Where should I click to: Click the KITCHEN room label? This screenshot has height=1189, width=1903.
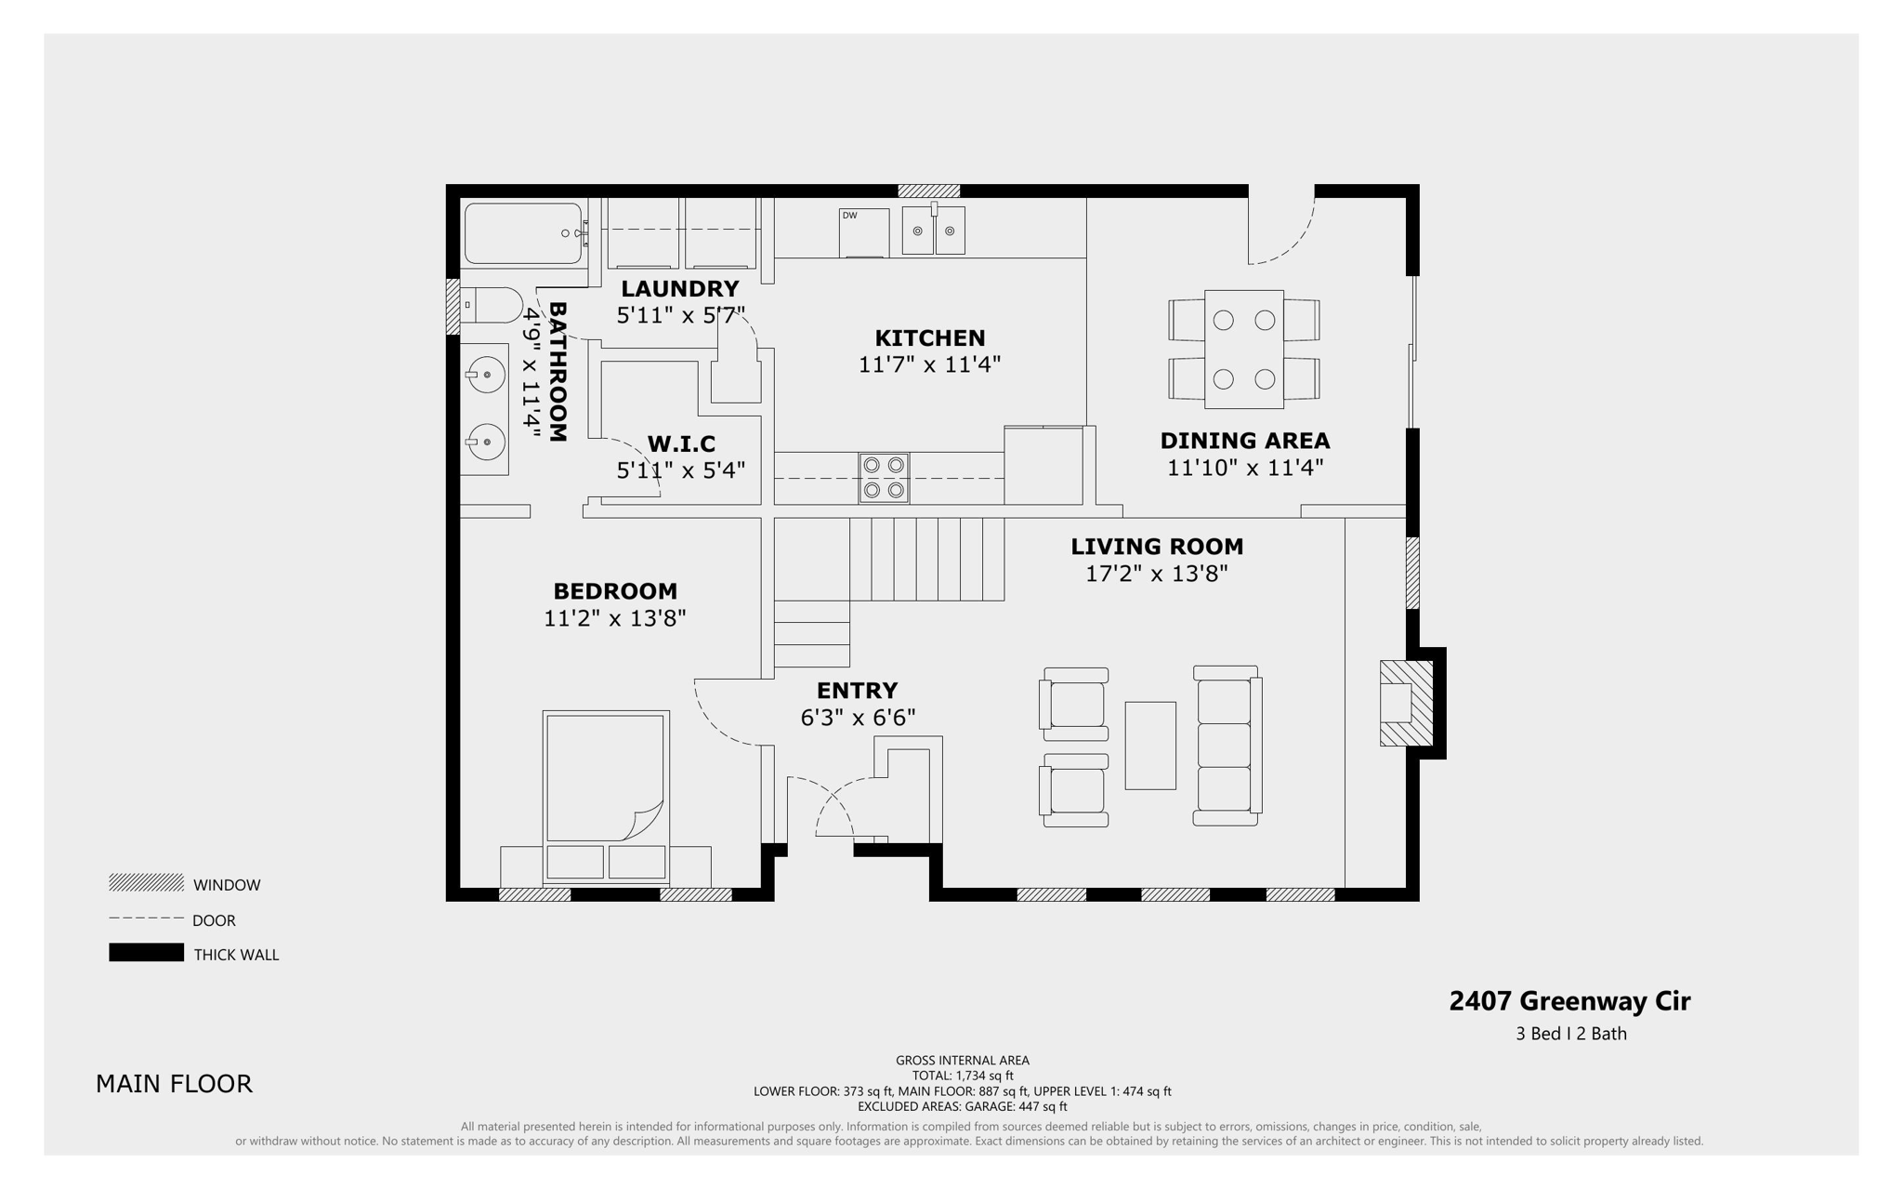(929, 338)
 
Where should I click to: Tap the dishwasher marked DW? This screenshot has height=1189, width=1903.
(862, 232)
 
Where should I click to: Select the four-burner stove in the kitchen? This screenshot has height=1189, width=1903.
(883, 479)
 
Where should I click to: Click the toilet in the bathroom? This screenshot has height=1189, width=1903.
(492, 304)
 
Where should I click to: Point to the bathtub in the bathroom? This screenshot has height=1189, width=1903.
(522, 233)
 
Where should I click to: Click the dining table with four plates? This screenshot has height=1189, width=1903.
(1243, 350)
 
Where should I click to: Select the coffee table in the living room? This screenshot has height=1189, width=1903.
(1150, 746)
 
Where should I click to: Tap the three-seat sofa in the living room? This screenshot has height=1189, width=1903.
(1226, 746)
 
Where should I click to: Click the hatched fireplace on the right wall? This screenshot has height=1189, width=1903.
(1405, 703)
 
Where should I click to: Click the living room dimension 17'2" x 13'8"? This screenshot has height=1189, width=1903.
(1156, 574)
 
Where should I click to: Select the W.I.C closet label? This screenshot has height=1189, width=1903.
(681, 443)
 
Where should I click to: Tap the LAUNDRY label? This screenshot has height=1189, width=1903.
(679, 289)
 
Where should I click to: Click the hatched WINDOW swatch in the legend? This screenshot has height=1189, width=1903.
(146, 883)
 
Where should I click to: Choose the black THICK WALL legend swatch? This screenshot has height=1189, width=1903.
(146, 953)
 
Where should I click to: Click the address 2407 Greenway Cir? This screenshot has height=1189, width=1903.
(1569, 1001)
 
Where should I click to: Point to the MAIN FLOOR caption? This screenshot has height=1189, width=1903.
(174, 1084)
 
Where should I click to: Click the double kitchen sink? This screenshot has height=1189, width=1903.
(933, 231)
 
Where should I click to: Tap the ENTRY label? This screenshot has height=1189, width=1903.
(857, 691)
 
